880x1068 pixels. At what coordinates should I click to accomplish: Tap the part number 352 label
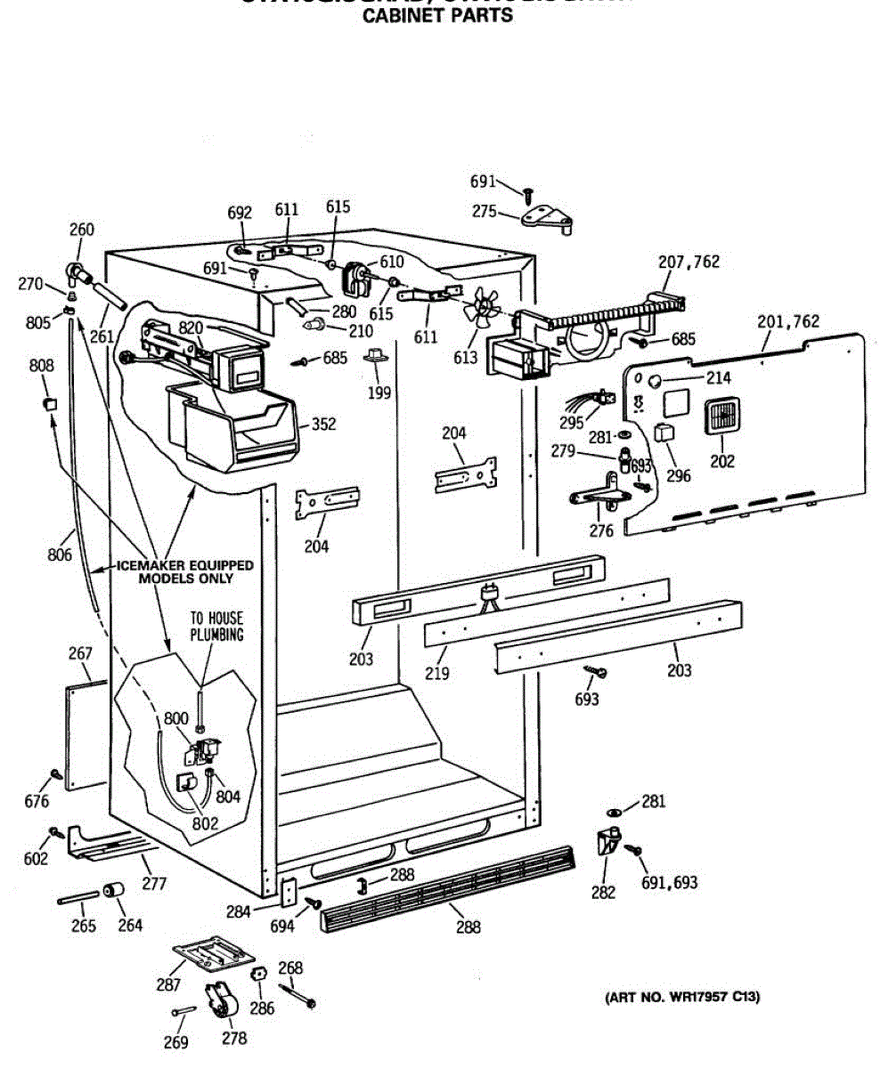(x=324, y=425)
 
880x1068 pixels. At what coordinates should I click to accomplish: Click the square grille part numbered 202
(x=721, y=416)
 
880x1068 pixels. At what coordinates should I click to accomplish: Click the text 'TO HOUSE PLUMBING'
(x=216, y=626)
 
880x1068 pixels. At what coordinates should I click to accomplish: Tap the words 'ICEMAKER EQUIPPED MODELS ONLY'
(x=185, y=571)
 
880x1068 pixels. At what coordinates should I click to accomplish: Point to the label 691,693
(x=669, y=882)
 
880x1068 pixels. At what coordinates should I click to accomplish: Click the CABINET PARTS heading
(x=438, y=15)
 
